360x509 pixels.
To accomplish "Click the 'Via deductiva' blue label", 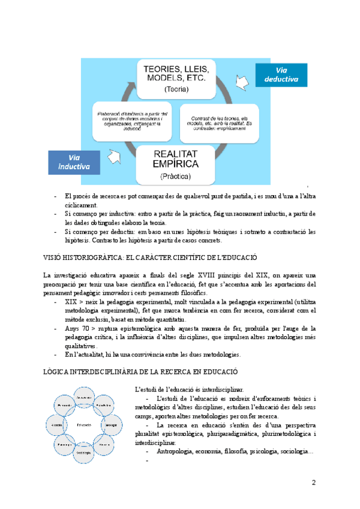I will tap(281, 74).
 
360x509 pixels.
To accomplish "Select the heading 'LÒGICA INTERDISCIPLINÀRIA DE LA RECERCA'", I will tap(142, 372).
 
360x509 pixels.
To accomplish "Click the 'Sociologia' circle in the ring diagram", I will tap(83, 452).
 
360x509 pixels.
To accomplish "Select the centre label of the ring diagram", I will tap(84, 424).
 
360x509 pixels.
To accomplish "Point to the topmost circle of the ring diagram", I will tap(84, 397).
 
